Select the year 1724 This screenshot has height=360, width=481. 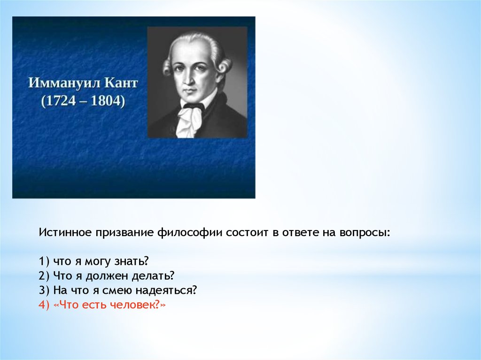click(x=61, y=101)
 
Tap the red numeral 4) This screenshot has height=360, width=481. click(x=44, y=306)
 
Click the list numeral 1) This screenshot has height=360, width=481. click(x=44, y=261)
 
